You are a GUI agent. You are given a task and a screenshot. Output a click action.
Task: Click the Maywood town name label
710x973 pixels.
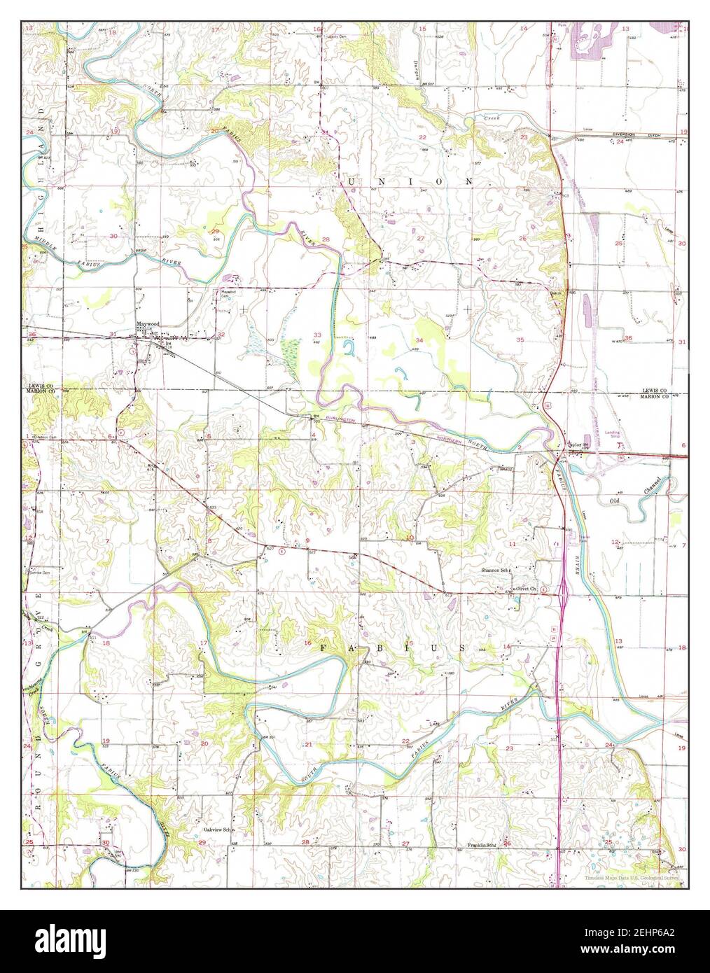(x=148, y=325)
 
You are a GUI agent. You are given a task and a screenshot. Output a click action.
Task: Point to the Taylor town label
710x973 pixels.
(x=574, y=444)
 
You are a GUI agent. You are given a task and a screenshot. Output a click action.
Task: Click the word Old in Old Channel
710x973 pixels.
(x=615, y=501)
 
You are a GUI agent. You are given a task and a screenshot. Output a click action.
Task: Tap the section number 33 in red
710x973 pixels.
(x=317, y=335)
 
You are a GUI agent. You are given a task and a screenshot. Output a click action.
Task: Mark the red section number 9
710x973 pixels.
(x=307, y=540)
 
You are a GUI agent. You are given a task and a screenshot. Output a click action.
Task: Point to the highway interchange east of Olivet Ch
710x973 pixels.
(x=563, y=591)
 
